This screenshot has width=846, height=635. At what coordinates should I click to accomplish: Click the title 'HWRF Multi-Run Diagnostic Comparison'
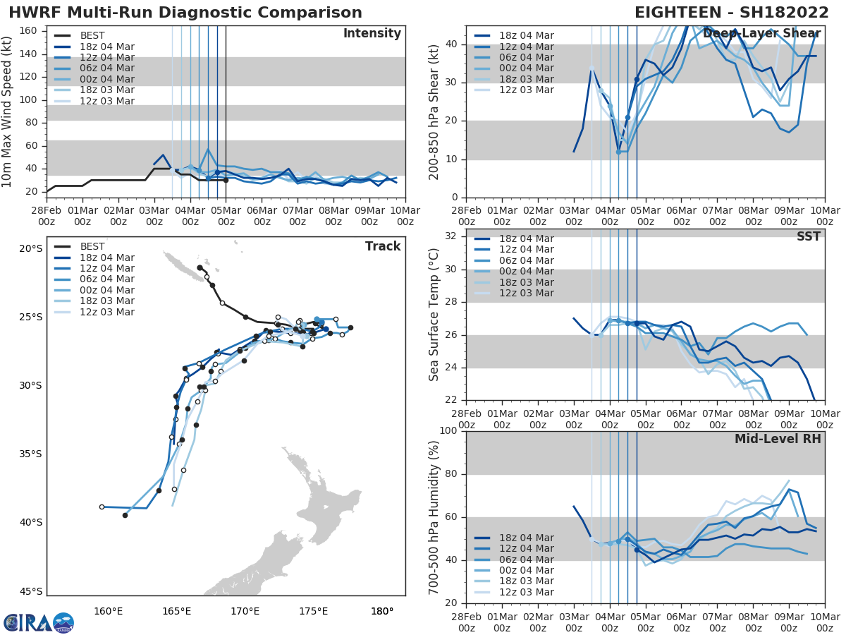click(185, 13)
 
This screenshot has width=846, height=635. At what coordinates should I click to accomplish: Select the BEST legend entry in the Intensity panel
click(92, 35)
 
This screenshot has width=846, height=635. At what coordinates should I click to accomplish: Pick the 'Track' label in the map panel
click(383, 246)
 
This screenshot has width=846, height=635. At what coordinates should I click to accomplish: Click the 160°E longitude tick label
click(108, 611)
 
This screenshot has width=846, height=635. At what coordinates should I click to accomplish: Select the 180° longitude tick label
click(381, 611)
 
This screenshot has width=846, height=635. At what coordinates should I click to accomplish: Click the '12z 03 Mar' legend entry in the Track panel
click(106, 312)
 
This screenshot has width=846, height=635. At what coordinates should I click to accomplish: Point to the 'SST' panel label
click(809, 236)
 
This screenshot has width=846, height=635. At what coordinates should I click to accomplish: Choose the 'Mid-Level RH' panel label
click(778, 439)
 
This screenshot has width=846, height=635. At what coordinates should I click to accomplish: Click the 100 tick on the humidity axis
click(448, 431)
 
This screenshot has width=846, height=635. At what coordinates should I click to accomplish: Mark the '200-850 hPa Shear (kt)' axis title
click(434, 113)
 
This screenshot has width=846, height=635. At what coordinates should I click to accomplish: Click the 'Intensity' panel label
click(372, 34)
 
